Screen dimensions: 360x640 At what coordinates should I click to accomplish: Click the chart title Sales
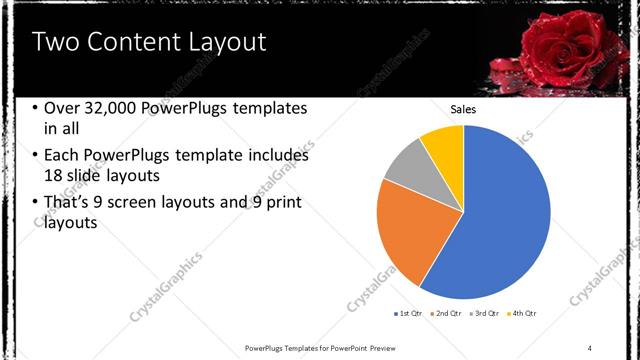pos(463,109)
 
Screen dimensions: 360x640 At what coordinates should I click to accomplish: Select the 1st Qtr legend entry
pos(409,314)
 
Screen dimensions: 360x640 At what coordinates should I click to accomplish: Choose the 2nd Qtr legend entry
pos(445,314)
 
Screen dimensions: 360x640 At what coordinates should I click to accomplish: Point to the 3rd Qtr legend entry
pos(485,314)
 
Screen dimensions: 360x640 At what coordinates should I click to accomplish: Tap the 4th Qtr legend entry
pos(522,314)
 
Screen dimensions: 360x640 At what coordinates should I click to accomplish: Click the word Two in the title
pos(54,42)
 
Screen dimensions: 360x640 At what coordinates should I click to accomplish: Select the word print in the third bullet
pos(282,203)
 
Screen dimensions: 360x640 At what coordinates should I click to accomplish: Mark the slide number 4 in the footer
pos(590,347)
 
